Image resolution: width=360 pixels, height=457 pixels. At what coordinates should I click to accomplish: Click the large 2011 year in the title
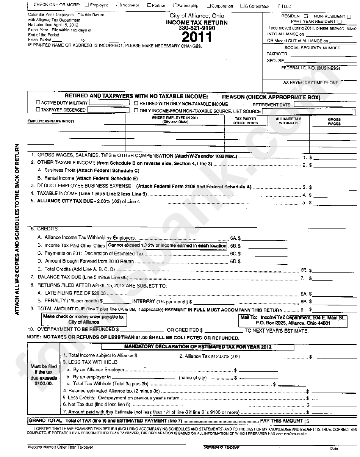197,37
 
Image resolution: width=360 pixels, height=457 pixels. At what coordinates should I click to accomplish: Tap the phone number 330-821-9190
197,28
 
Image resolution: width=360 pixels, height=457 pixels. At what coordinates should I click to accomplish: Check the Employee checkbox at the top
87,5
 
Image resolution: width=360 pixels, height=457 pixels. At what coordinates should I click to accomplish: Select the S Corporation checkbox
243,6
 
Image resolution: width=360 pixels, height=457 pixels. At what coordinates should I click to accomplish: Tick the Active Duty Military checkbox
38,103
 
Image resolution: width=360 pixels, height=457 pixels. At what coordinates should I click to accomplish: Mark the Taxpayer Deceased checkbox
38,110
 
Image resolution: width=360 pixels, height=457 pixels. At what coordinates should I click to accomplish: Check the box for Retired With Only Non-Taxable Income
136,103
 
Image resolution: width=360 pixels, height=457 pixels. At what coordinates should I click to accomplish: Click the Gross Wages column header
334,121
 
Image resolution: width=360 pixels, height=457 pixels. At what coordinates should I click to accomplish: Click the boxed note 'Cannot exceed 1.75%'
167,246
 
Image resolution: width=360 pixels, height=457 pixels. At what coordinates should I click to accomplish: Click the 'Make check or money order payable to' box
83,319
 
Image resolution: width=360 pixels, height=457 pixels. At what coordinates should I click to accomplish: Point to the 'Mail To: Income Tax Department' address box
293,320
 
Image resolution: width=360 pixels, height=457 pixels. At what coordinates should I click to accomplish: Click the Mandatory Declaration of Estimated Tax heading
198,347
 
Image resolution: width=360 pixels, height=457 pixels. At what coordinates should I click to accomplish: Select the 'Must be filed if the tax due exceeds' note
44,375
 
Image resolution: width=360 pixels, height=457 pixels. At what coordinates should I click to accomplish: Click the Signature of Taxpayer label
221,447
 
